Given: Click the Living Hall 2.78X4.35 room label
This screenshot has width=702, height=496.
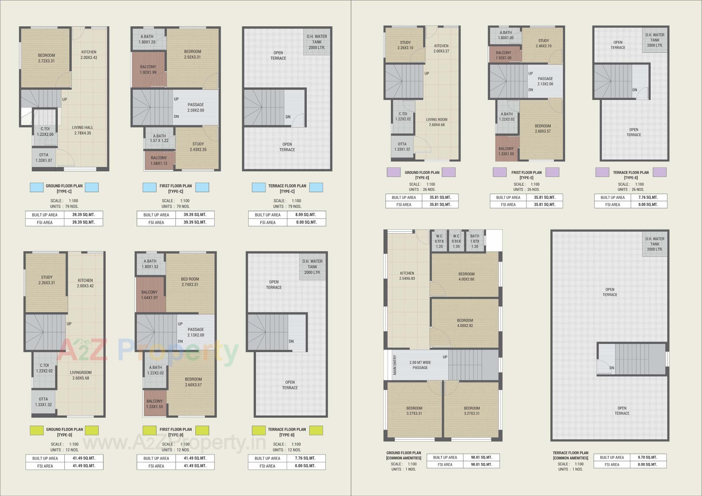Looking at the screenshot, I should pos(82,130).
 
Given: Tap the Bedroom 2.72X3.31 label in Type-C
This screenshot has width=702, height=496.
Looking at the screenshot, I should pos(46,58).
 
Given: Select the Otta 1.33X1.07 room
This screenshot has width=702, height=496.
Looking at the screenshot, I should pos(44,158).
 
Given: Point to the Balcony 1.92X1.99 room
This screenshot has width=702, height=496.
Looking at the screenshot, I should pos(148,70).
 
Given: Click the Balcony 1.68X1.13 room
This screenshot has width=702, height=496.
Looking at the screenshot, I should pos(159,161).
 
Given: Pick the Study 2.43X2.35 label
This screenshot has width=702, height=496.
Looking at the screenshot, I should pos(198,147).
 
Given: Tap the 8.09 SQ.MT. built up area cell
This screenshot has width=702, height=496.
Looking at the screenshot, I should pos(306,215).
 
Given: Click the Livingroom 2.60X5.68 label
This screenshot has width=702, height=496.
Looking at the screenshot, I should pos(81,375).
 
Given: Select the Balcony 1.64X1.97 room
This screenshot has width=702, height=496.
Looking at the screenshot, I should pos(150,295).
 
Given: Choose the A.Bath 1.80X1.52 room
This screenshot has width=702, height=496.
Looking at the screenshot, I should pos(150,264).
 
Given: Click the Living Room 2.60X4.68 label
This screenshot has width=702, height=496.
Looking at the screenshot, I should pos(437,122).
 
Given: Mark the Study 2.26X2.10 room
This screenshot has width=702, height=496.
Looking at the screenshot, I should pos(405,45).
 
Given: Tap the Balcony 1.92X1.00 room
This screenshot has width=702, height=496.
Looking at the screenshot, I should pos(504,55).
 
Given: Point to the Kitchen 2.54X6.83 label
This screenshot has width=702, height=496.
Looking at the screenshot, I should pos(407,276).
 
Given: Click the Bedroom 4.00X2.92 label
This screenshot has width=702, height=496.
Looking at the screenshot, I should pos(465,323).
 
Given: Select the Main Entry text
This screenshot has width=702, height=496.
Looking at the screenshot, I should pos(395,365).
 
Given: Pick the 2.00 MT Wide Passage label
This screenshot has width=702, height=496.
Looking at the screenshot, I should pos(420,365).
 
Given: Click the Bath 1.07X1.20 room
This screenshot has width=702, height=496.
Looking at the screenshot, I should pos(475,241).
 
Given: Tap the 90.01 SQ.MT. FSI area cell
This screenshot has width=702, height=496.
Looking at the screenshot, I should pos(481,465).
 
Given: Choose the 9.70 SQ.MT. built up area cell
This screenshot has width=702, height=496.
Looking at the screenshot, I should pos(648,457).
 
